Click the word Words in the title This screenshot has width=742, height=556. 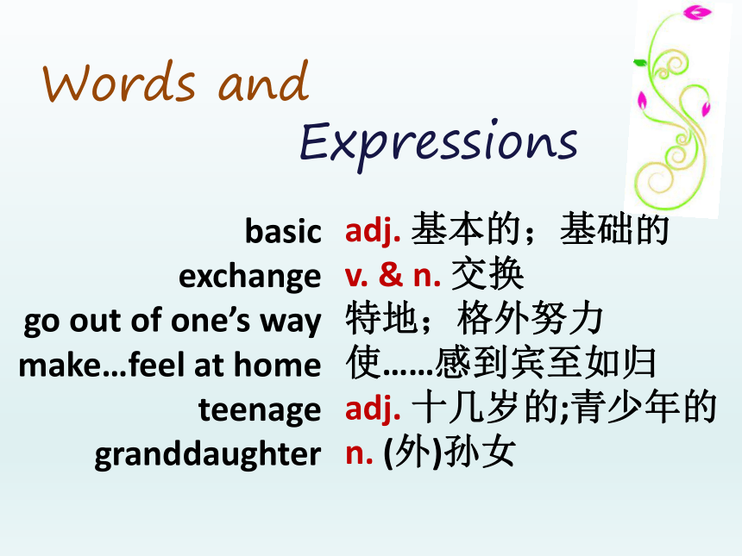[x=118, y=82]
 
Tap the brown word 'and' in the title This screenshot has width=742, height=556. [x=263, y=80]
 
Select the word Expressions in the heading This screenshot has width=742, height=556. [x=438, y=142]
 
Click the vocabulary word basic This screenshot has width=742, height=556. [x=283, y=231]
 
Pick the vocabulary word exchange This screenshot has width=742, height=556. [x=250, y=276]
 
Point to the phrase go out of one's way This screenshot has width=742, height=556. [x=173, y=321]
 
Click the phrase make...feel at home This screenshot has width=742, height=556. [x=170, y=365]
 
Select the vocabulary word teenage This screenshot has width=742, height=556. [x=260, y=409]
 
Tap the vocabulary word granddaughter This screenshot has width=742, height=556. [x=208, y=454]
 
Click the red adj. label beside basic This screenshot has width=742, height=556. [x=373, y=231]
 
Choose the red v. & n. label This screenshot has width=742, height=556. [x=393, y=276]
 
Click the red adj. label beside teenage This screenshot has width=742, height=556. [x=373, y=409]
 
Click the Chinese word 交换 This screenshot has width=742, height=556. [x=487, y=274]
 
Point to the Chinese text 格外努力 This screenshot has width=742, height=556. [x=530, y=319]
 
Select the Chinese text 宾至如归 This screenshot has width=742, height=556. [x=583, y=363]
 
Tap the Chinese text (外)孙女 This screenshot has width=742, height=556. [x=450, y=453]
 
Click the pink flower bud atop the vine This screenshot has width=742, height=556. [x=697, y=12]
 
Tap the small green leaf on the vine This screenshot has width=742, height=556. [x=640, y=62]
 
